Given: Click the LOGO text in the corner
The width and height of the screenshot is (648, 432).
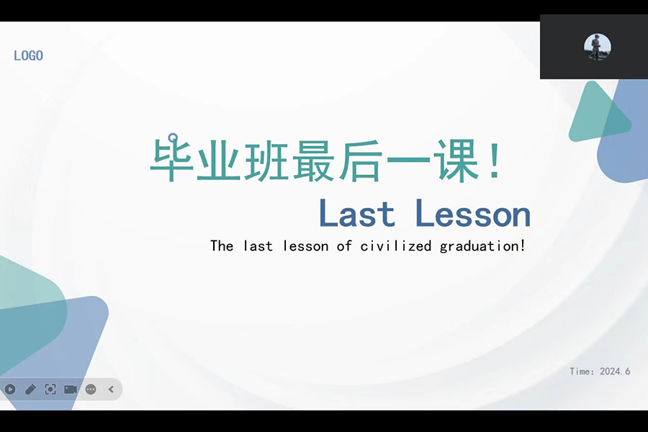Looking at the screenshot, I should tap(29, 55).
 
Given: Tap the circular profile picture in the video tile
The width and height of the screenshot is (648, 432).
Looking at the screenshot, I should tap(597, 47).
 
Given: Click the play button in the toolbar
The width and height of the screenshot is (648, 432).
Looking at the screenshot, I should tap(10, 389).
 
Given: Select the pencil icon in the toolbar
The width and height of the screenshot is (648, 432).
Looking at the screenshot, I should tap(30, 389).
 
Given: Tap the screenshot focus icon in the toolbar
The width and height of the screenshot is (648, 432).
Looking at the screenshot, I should tap(50, 389).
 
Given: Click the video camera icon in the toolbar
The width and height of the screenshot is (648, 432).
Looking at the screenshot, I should tap(71, 389).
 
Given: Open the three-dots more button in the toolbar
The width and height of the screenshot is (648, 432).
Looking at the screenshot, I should tap(91, 389).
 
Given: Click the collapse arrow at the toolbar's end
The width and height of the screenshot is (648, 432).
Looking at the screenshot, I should tap(111, 389).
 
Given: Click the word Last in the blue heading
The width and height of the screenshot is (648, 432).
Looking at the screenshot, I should tap(356, 214).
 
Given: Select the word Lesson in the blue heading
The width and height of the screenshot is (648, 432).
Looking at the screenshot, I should tap(473, 214).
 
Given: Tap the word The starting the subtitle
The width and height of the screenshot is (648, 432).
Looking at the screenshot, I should tap(222, 246).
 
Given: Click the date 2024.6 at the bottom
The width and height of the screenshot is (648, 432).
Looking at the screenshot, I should tap(615, 372).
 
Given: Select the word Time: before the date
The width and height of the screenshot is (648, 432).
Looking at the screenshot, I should tap(582, 372).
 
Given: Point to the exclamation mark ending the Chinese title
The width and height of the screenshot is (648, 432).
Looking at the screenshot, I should tap(494, 160).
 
